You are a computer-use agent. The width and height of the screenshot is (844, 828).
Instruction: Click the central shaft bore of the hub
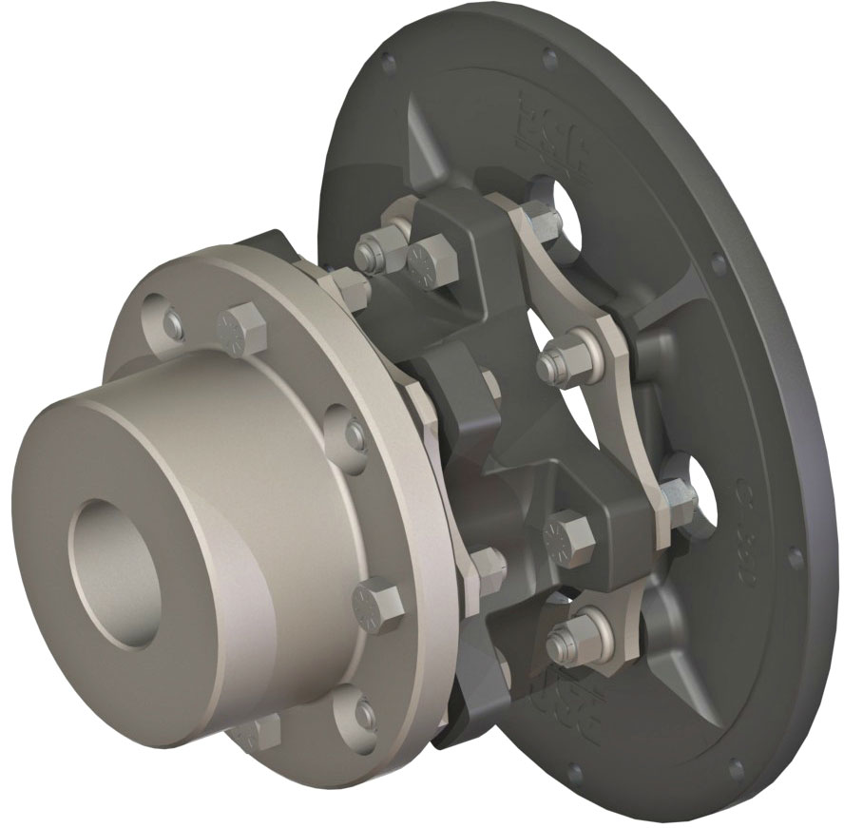[112, 570]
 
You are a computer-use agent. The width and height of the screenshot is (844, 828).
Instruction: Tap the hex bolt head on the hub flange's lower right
[377, 603]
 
